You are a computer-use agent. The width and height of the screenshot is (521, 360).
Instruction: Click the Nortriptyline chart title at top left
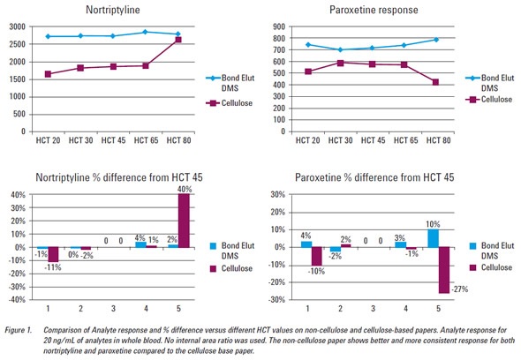(x=113, y=10)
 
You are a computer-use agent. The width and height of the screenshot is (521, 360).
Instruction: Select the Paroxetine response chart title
(x=374, y=10)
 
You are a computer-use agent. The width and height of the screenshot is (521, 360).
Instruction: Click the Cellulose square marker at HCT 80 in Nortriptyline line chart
(x=178, y=40)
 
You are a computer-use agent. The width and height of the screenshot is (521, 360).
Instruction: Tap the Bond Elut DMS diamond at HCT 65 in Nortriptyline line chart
(x=145, y=32)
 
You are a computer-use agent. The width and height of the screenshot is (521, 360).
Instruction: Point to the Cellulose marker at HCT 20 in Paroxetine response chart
(x=308, y=71)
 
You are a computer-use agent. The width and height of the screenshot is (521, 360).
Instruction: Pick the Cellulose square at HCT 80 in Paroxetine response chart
(x=435, y=82)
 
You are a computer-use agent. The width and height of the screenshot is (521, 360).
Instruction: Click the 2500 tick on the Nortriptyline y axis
(x=17, y=44)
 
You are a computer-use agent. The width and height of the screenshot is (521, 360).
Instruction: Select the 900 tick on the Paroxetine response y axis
(x=278, y=26)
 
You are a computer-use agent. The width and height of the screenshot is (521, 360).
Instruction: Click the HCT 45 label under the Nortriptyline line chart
(x=113, y=140)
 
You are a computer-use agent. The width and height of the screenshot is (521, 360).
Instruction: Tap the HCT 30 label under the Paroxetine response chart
(x=340, y=140)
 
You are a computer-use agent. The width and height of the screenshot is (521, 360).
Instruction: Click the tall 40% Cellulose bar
(x=184, y=221)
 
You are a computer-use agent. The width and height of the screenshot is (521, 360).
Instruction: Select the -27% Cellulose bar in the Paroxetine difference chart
(x=444, y=270)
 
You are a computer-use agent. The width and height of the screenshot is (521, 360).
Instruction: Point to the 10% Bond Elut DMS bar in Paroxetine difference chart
(x=433, y=238)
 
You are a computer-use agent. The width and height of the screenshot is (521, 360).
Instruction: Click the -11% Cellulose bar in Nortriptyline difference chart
(x=53, y=254)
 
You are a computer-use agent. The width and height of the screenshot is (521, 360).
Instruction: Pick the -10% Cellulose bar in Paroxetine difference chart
(x=316, y=256)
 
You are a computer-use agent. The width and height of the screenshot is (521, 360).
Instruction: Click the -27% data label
(x=459, y=289)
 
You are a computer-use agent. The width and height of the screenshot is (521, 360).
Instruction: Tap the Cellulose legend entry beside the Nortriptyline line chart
(x=230, y=103)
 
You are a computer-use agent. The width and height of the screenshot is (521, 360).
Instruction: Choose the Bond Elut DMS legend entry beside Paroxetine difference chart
(x=492, y=251)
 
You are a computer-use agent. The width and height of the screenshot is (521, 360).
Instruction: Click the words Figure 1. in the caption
(x=19, y=330)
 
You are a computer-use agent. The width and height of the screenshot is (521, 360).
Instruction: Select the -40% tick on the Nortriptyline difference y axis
(x=18, y=299)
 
